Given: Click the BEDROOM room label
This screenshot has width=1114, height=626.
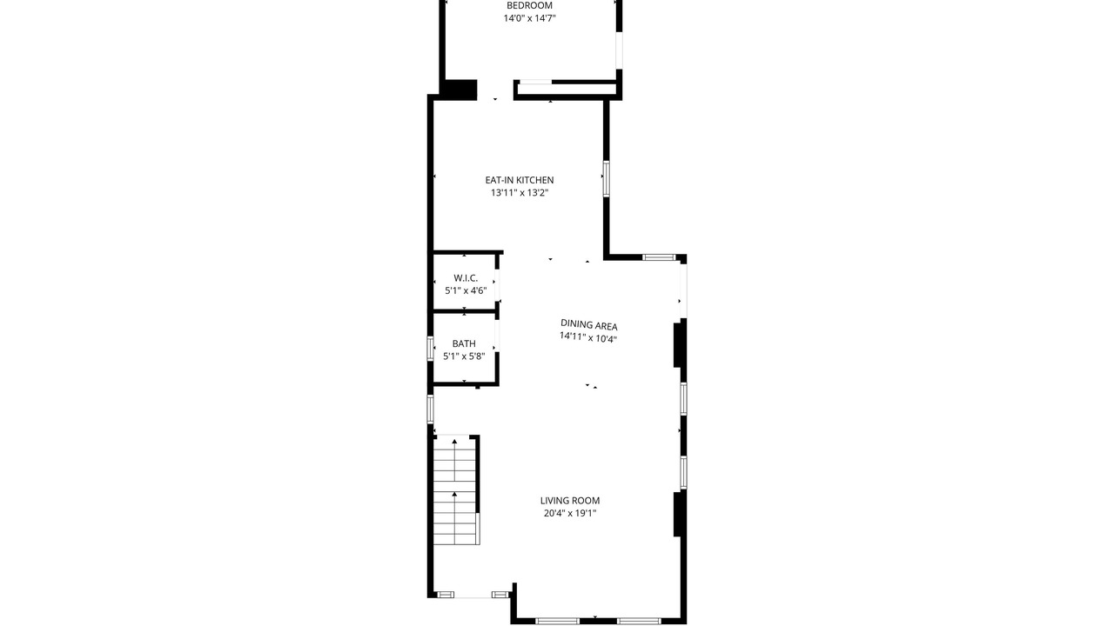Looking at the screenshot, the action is click(x=529, y=5).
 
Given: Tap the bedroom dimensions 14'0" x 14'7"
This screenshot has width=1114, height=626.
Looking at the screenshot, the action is click(x=529, y=18).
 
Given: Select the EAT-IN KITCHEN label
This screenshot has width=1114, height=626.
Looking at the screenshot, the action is click(x=520, y=180).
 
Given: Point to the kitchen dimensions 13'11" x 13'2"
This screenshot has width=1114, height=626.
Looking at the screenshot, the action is click(x=520, y=193).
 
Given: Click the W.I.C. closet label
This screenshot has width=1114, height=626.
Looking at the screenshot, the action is click(x=466, y=277).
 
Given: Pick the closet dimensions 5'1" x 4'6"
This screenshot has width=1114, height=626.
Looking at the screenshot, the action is click(x=466, y=290).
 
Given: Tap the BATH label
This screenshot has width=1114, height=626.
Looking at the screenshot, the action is click(x=464, y=343).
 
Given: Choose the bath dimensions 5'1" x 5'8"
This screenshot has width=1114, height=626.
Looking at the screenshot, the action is click(x=464, y=356).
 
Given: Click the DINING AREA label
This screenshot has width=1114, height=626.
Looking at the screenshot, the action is click(x=589, y=325).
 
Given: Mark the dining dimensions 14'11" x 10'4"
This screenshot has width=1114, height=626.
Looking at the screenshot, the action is click(x=588, y=338).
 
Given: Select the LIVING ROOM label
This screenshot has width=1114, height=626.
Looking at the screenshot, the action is click(x=570, y=500).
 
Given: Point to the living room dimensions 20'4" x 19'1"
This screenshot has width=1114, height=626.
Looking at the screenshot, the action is click(x=570, y=513).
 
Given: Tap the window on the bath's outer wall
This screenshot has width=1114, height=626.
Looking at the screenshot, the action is click(x=431, y=349).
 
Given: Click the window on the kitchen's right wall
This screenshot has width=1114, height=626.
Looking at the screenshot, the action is click(x=607, y=178).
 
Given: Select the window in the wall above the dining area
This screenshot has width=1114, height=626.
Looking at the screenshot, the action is click(x=659, y=257).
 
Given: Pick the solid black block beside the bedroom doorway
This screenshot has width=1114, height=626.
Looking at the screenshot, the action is click(x=459, y=90).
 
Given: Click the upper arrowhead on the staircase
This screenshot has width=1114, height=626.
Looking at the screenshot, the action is click(x=454, y=441).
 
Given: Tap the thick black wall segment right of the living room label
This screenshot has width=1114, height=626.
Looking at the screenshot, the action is click(x=677, y=514).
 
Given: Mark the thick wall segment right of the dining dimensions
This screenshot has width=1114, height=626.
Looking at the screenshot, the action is click(x=677, y=345).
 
